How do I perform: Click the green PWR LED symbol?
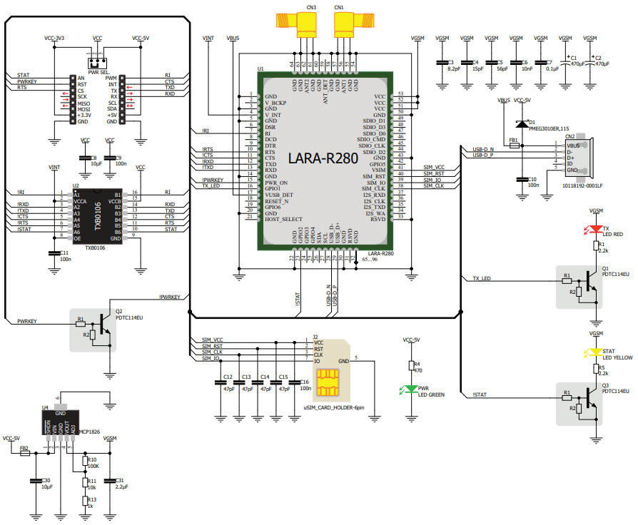click(411, 389)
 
